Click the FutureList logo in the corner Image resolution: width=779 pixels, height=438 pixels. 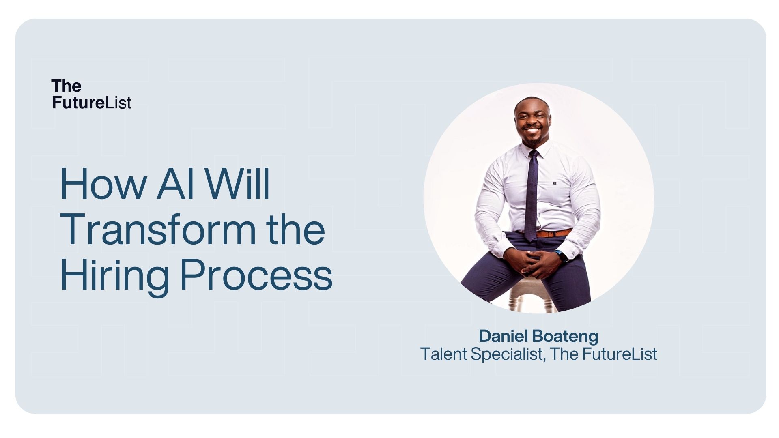[91, 94]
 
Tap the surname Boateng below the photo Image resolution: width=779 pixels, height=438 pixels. [565, 337]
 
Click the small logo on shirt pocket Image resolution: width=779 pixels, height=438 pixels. [554, 183]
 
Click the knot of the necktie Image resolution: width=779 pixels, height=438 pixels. [534, 155]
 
